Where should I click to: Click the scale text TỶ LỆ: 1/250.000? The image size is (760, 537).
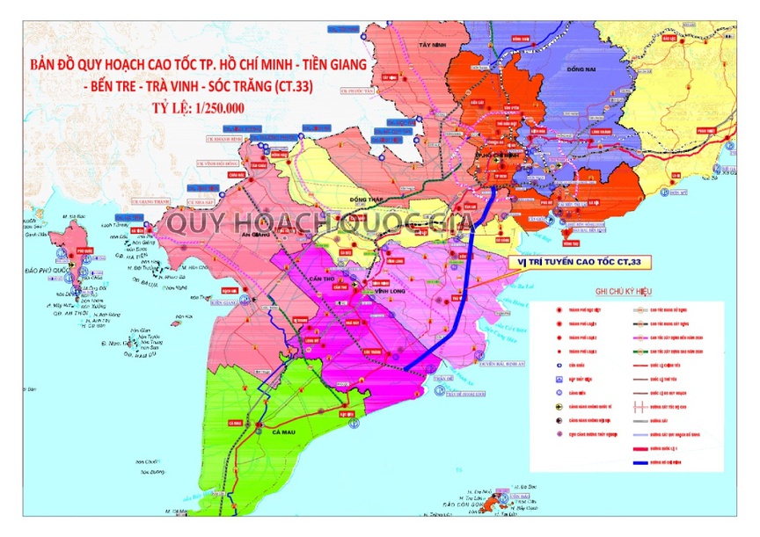pyautogui.click(x=186, y=108)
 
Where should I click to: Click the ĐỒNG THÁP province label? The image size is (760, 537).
pyautogui.click(x=351, y=200)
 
